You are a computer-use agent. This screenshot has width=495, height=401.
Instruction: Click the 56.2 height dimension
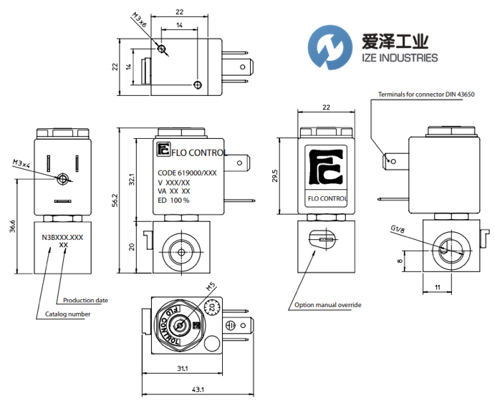(121, 203)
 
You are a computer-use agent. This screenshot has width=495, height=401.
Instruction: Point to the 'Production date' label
(85, 300)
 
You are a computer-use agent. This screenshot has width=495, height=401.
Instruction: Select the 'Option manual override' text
(328, 305)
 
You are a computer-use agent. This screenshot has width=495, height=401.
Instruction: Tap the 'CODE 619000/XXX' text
(187, 173)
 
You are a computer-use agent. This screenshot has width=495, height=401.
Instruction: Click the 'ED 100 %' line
(173, 200)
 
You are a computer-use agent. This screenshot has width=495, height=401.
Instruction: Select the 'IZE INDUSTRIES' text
(392, 57)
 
